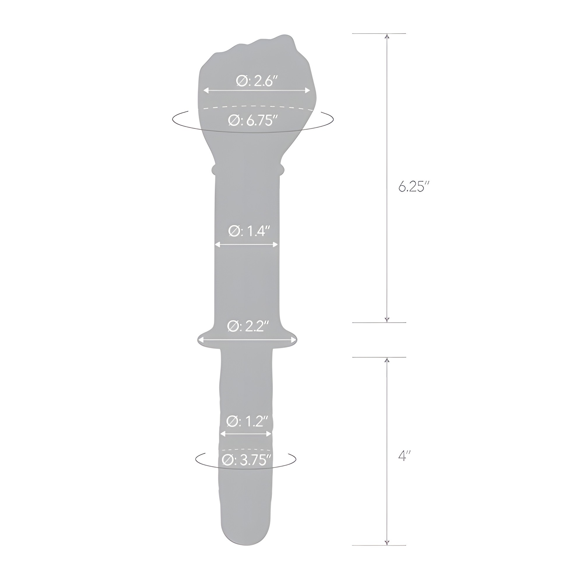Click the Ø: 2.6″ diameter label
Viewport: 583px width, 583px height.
[x=257, y=81]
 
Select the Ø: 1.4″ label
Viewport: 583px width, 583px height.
[x=249, y=231]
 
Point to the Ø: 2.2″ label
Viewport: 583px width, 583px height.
[x=248, y=326]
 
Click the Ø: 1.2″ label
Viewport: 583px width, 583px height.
[x=247, y=421]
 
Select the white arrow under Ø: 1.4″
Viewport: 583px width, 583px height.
[x=246, y=245]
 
